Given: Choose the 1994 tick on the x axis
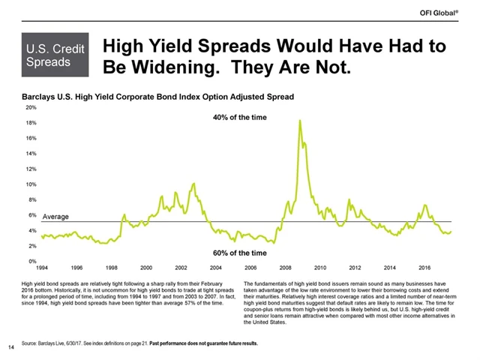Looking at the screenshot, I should [x=43, y=268].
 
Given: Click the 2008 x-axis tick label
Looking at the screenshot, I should [x=286, y=268].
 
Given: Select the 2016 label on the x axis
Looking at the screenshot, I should [x=424, y=268].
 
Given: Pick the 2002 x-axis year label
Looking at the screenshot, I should [x=181, y=268].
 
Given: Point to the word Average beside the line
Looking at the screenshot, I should [x=55, y=217].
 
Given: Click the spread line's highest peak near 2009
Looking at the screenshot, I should [x=300, y=120].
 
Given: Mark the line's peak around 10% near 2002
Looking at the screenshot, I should [x=194, y=183].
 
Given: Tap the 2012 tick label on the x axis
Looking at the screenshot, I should [x=355, y=268].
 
